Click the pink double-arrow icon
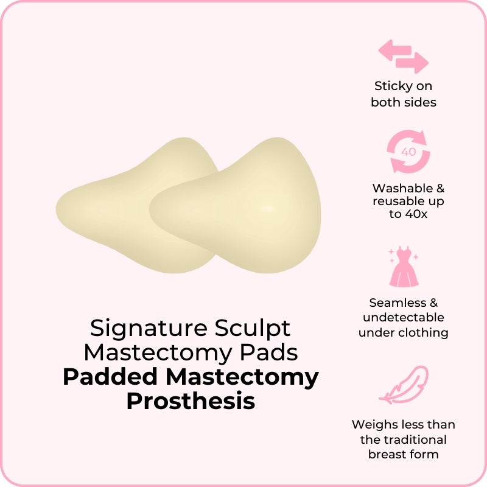pos(403,57)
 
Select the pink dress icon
pos(404,267)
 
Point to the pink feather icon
pos(404,385)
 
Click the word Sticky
pos(391,86)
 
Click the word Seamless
pos(398,303)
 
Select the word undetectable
pos(403,317)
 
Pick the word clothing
pos(423,333)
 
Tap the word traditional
pos(416,440)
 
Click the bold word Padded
pos(110,377)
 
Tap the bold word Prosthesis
pos(191,401)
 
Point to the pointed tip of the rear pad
pos(57,209)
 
